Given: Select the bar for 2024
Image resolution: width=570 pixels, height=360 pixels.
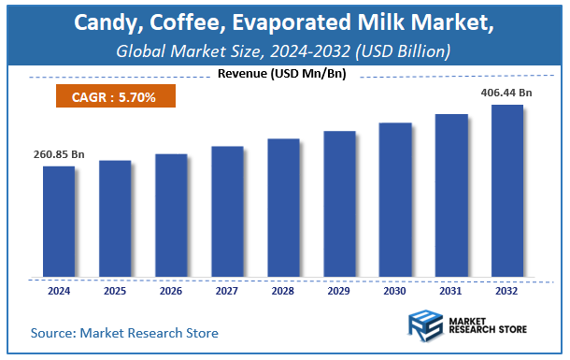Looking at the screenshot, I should (58, 222).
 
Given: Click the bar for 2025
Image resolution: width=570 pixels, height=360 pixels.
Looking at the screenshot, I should (115, 219).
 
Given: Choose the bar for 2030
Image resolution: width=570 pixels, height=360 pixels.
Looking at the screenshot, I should (395, 200).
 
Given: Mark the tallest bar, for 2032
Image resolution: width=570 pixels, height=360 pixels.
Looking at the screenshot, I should (507, 191).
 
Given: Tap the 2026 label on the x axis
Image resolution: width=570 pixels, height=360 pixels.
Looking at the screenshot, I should (171, 291).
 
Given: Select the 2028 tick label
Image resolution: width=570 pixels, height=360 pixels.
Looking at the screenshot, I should (283, 291).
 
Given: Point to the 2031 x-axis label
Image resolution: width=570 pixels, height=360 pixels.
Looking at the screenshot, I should (451, 291).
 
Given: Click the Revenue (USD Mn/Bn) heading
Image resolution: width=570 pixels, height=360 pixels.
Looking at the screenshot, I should (284, 74).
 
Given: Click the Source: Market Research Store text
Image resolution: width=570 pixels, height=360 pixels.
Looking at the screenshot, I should (124, 332).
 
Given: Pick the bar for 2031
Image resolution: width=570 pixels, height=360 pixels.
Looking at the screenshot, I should (451, 195).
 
